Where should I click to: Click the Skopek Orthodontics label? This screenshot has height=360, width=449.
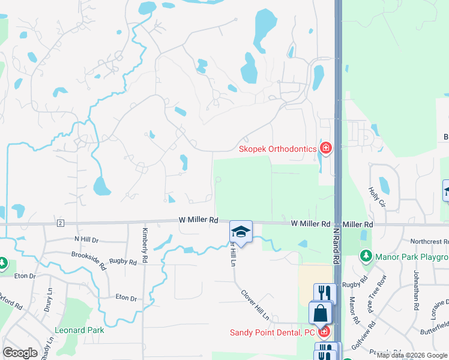tap(277, 149)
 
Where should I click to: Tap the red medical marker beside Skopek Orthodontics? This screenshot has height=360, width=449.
tap(326, 148)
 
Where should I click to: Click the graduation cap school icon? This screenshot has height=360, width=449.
tap(241, 232)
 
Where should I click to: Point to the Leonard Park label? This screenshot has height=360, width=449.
tap(79, 330)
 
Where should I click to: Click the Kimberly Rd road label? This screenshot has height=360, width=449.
tap(145, 244)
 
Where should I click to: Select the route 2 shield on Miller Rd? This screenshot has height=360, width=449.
tap(60, 224)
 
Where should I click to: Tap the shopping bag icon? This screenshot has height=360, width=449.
tap(321, 313)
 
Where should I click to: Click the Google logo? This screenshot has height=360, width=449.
tap(20, 353)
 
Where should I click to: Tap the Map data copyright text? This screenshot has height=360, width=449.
tap(412, 356)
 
